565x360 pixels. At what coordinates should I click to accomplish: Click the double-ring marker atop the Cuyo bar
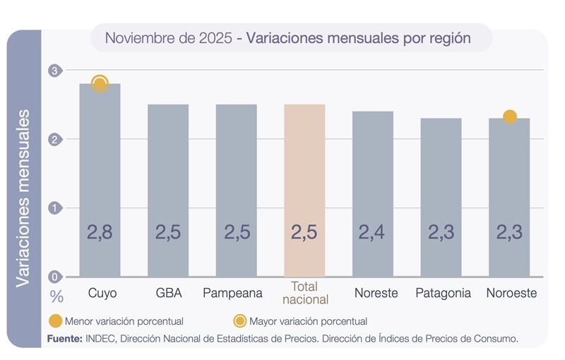[x=100, y=84]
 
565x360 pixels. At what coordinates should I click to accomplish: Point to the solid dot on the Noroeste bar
[x=509, y=116]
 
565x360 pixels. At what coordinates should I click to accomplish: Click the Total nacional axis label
[x=305, y=293]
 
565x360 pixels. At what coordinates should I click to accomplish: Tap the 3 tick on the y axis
[x=56, y=71]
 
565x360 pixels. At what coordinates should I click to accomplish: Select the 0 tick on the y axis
[x=56, y=277]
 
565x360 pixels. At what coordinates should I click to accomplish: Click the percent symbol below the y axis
[x=56, y=296]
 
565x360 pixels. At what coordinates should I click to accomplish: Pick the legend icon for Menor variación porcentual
[x=55, y=321]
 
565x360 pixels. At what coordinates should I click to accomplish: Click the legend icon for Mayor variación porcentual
[x=240, y=321]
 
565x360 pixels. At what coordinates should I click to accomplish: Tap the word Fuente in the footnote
[x=64, y=339]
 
